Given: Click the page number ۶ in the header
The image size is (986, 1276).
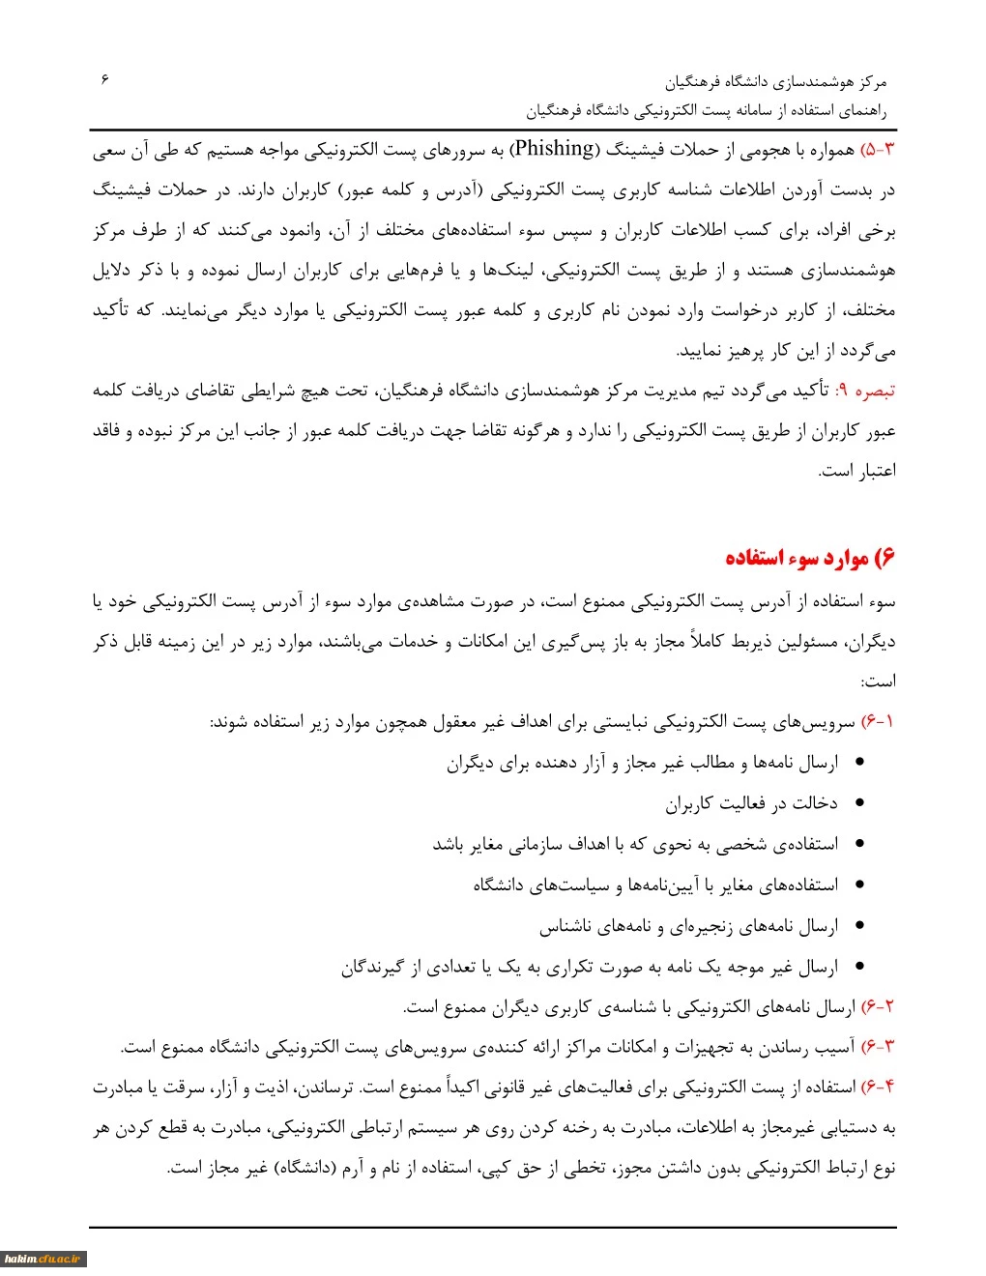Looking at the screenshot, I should [x=104, y=79].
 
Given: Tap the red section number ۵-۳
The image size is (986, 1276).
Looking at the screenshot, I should [x=879, y=150].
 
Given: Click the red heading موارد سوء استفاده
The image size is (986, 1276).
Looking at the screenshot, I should [x=810, y=559].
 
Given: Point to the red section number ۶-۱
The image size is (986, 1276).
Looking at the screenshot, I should [x=878, y=722].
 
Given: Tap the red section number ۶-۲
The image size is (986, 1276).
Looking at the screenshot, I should [x=878, y=1007].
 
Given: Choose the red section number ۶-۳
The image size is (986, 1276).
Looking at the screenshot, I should [x=878, y=1047].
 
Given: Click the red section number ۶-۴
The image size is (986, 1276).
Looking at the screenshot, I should [x=878, y=1087].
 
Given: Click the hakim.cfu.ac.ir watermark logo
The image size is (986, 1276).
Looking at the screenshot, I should [x=43, y=1260].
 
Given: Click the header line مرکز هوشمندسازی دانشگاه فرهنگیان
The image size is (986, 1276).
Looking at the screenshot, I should [x=775, y=82].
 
